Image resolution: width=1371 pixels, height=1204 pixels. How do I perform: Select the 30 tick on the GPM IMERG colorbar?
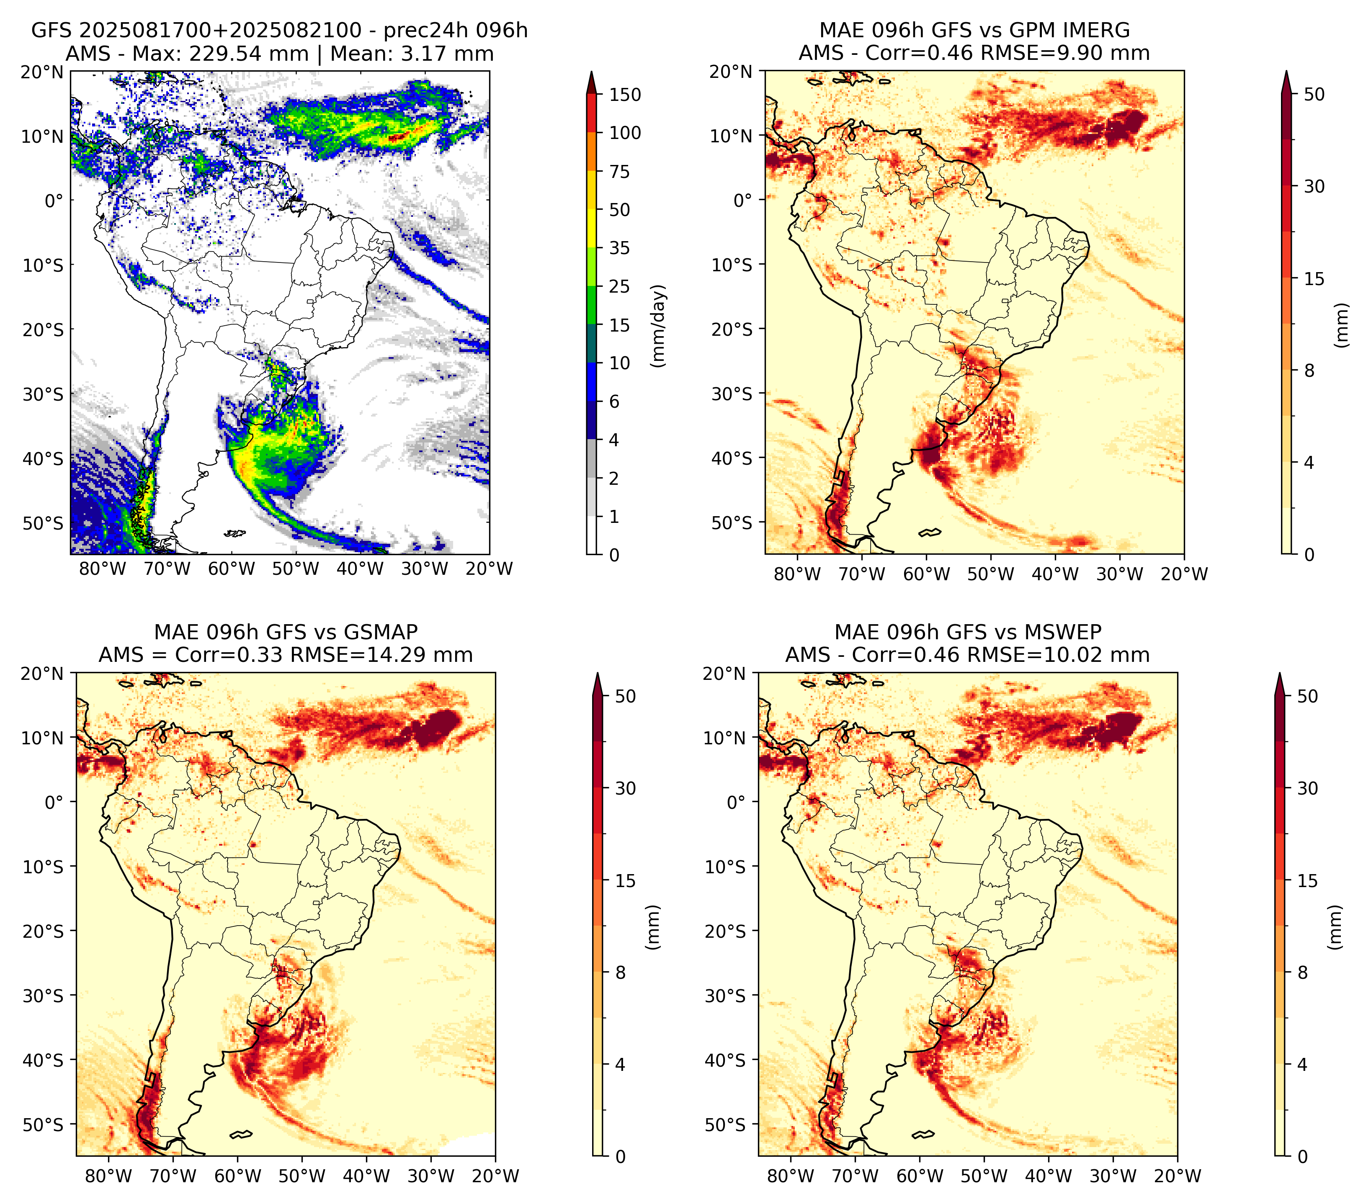(x=1314, y=186)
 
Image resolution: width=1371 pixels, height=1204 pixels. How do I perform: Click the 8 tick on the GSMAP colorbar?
(x=621, y=972)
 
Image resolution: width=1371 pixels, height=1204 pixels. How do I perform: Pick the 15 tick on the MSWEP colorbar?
(x=1308, y=881)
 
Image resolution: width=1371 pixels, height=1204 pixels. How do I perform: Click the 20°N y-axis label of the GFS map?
(x=42, y=72)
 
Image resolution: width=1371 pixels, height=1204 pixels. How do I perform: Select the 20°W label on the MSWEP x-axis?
(x=1178, y=1176)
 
